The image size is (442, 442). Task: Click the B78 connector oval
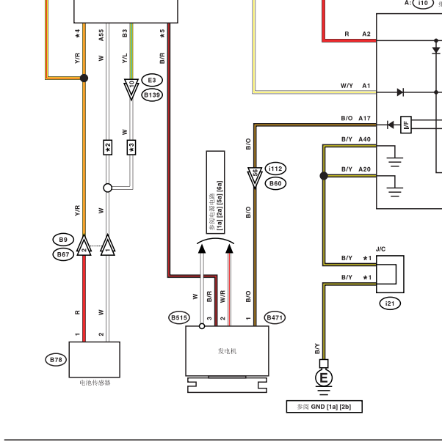(56, 360)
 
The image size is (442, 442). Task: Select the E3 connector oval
(152, 81)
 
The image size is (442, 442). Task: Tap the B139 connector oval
(152, 95)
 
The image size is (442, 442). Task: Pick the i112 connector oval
(275, 169)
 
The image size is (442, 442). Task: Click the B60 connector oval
(275, 183)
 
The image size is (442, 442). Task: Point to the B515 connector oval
(179, 317)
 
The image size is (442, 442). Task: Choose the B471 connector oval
(275, 317)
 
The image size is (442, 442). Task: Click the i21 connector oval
(390, 303)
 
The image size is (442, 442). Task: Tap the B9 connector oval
(63, 240)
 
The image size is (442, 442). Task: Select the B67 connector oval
(63, 254)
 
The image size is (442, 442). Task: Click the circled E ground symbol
(324, 377)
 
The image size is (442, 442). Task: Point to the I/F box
(406, 125)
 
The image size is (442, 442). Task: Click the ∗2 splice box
(108, 147)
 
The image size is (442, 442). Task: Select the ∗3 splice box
(131, 147)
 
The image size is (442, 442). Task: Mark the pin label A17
(364, 118)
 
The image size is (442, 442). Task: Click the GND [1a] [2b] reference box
(325, 407)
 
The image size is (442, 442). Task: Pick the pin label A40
(364, 139)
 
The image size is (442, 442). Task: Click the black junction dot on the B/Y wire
(324, 176)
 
